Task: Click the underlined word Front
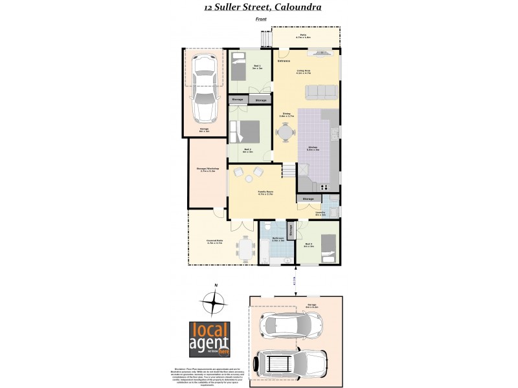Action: (261, 19)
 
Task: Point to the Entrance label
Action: (284, 61)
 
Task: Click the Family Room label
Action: (265, 192)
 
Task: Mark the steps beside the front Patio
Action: (265, 40)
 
